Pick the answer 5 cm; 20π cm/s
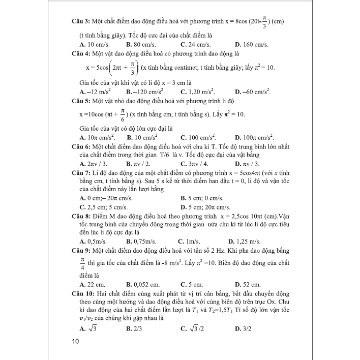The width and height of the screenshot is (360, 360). click(x=209, y=206)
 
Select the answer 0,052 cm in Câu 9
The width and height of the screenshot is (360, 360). click(x=145, y=284)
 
